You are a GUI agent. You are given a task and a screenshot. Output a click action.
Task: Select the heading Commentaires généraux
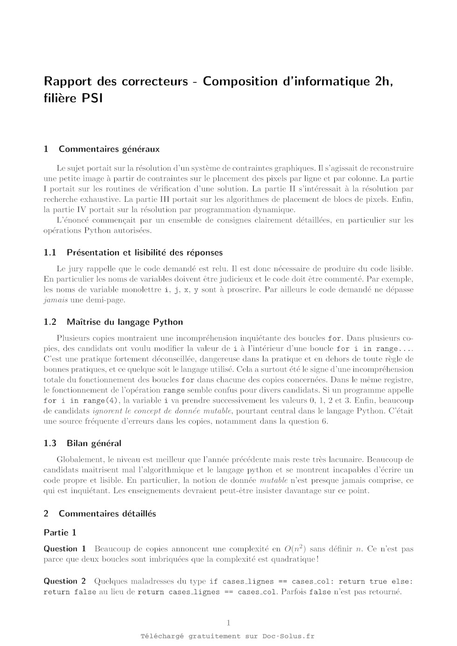(109, 149)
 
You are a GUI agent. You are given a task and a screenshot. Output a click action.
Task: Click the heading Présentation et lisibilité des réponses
(145, 253)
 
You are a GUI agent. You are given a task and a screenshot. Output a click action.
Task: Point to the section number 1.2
(50, 322)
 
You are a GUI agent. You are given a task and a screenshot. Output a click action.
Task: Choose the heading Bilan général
(94, 443)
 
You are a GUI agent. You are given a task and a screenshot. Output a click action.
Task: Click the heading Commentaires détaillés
(107, 514)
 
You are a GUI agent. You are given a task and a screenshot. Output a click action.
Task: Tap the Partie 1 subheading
(60, 532)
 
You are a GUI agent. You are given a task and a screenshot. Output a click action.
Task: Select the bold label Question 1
(65, 549)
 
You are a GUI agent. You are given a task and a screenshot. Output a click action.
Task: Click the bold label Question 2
(65, 581)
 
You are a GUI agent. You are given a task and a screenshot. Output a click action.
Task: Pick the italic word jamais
(55, 300)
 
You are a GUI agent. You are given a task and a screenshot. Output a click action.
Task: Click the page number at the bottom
(228, 623)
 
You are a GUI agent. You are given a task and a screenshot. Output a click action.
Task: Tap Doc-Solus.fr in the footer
(288, 636)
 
